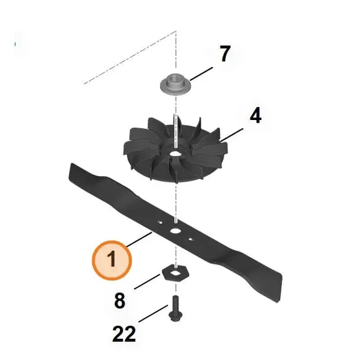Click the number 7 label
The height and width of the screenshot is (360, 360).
pyautogui.click(x=224, y=54)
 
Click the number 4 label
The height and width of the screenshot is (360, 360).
pyautogui.click(x=255, y=116)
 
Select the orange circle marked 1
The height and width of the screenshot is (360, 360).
pyautogui.click(x=111, y=260)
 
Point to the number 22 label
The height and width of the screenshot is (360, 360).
pyautogui.click(x=124, y=334)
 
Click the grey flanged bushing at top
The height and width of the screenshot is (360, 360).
pyautogui.click(x=175, y=84)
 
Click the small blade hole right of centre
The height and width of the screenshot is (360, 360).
pyautogui.click(x=192, y=239)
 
